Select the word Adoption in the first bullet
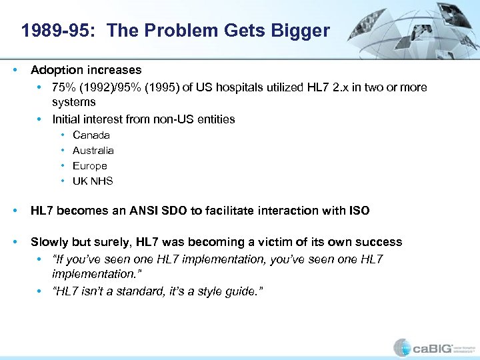point(55,70)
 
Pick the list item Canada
point(91,135)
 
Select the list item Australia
point(93,151)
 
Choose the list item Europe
point(90,166)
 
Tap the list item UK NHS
point(93,181)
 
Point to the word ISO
point(359,211)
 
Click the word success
point(378,242)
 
